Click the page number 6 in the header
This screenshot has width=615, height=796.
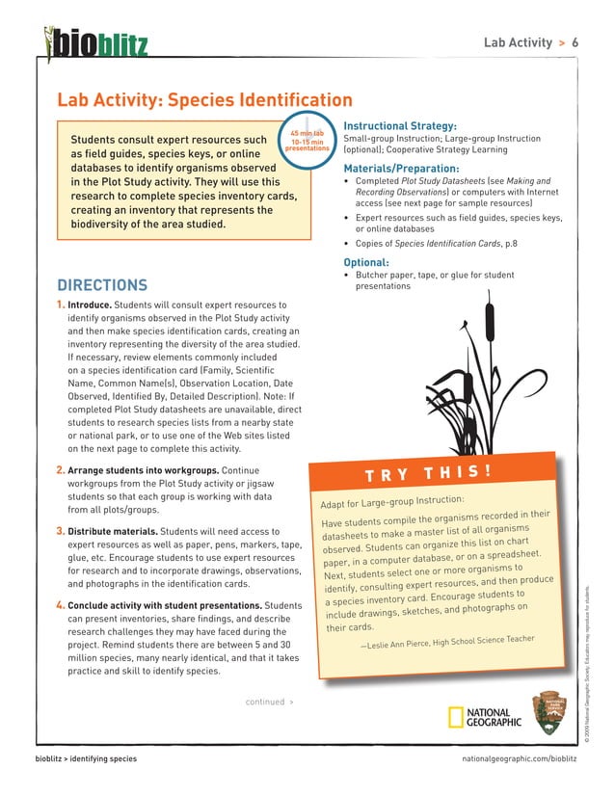tap(575, 43)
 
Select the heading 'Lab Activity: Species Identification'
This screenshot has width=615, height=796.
tap(204, 100)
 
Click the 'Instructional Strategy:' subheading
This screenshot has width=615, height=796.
tap(400, 125)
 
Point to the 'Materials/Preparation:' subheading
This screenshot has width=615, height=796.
tap(401, 169)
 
